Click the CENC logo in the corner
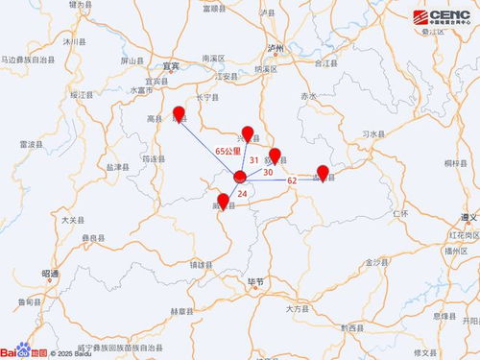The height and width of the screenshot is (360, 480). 443,19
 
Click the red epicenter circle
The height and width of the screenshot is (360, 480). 240,176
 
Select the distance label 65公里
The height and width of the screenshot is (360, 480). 227,152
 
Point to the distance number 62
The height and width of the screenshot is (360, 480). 292,180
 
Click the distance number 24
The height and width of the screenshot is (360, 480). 242,194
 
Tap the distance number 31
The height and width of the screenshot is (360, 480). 253,158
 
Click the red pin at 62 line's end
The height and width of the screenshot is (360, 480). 324,173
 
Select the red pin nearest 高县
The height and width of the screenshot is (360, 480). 179,114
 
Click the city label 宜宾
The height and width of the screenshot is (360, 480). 171,66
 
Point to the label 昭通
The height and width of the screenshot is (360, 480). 51,274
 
